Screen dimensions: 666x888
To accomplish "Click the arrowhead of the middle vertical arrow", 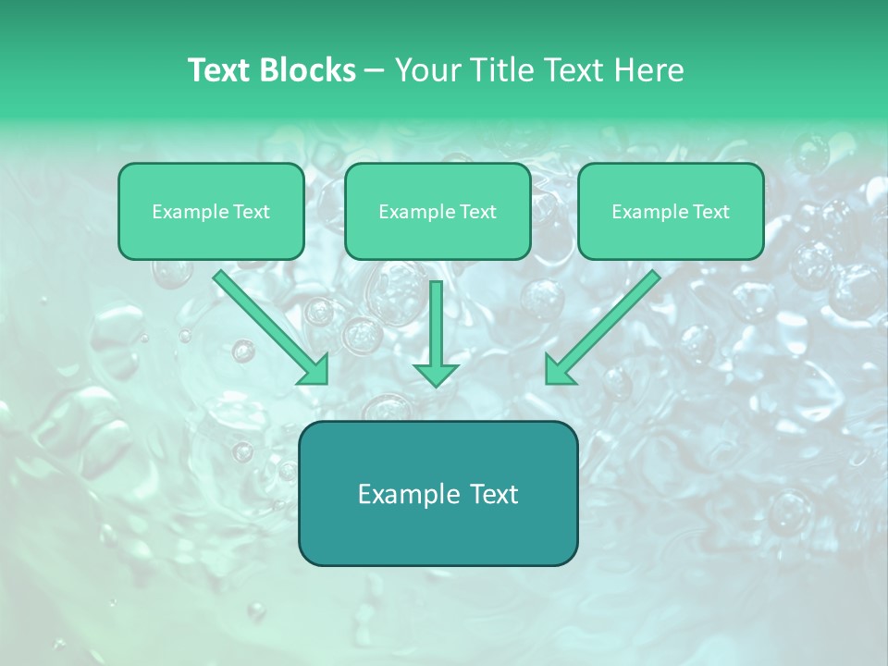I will pyautogui.click(x=436, y=374).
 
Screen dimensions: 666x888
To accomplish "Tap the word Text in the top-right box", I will pyautogui.click(x=710, y=212).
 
